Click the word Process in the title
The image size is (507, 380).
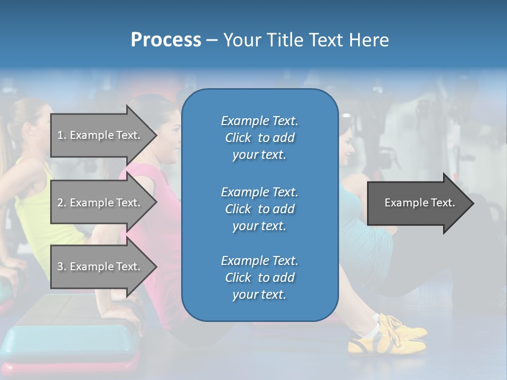(x=166, y=40)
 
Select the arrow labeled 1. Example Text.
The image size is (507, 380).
(x=100, y=135)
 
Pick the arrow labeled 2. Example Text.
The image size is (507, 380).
(x=100, y=203)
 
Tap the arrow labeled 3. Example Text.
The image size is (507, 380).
(x=100, y=267)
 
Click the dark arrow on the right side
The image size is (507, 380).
(x=417, y=203)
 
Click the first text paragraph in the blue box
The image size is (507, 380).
(x=259, y=138)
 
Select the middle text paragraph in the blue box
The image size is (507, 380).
(x=259, y=209)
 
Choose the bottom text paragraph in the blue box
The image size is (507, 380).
(x=259, y=278)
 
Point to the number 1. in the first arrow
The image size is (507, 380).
(x=62, y=135)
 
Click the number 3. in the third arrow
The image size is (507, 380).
(x=62, y=267)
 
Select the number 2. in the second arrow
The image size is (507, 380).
(x=62, y=203)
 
